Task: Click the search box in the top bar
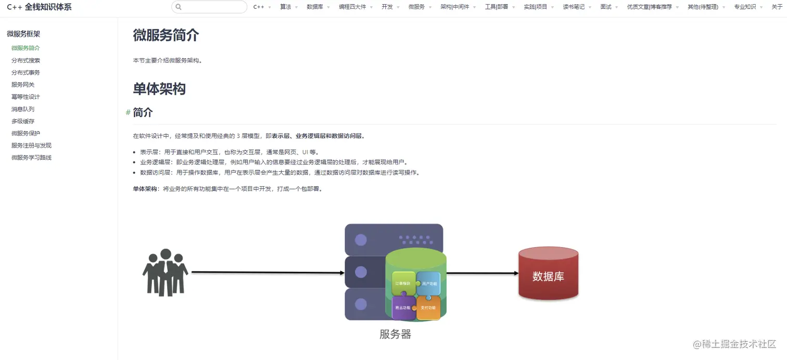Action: point(209,7)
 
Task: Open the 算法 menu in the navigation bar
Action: point(286,7)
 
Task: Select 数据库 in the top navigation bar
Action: point(315,7)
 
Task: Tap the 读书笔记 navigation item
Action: point(574,7)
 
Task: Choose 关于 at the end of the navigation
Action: point(777,7)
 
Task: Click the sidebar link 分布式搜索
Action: point(26,60)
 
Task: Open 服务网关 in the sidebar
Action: point(23,84)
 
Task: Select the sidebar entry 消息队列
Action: point(23,109)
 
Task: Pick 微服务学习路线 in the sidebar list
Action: point(31,157)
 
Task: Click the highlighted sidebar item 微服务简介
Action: point(26,48)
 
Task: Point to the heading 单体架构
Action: point(159,88)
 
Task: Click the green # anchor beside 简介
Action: point(128,112)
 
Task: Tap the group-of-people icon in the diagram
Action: point(165,272)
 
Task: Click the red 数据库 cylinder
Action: point(548,274)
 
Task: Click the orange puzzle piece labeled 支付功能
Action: point(428,307)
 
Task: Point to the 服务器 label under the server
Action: point(395,335)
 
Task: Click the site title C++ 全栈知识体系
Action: point(39,7)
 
